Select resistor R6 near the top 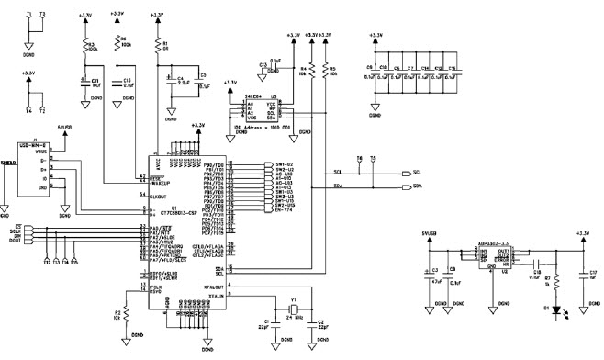pos(117,43)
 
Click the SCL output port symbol pos(408,172)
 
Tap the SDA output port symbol pos(408,186)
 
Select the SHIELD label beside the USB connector pos(8,162)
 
